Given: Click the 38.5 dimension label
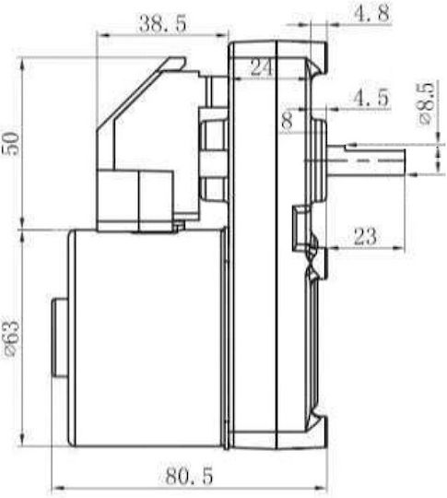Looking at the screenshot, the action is click(162, 23).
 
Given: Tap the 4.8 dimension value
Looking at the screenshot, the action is click(371, 13).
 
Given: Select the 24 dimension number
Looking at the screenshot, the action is click(261, 67).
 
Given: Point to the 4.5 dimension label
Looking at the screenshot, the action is click(371, 98).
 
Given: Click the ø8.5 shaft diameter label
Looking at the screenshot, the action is click(426, 103).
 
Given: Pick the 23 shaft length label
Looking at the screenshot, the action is click(365, 236).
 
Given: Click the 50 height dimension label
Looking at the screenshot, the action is click(11, 144).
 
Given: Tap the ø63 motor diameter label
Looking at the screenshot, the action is click(12, 338).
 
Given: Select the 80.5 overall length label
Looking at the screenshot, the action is click(189, 476).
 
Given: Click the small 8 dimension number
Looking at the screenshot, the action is click(287, 121).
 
